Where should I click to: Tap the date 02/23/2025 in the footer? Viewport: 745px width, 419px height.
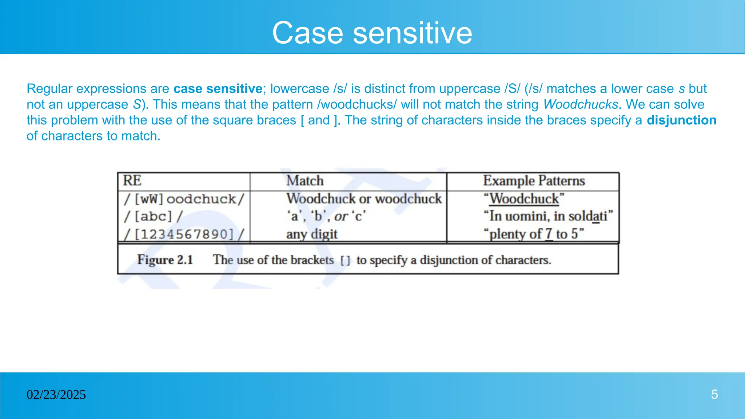point(56,395)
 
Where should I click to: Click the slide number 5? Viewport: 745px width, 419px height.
point(714,395)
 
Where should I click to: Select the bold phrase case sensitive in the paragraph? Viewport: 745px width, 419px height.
point(218,89)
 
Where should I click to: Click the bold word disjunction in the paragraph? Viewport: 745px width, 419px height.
point(681,120)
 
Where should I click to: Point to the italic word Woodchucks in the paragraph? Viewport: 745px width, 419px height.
point(581,105)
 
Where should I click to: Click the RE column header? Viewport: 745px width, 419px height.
point(132,181)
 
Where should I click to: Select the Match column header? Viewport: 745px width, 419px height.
point(305,181)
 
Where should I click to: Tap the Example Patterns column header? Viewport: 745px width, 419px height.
point(534,181)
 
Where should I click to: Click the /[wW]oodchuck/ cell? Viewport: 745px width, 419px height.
point(184,199)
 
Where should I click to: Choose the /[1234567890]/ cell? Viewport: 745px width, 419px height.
point(184,234)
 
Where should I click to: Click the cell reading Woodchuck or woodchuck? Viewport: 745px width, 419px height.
point(364,199)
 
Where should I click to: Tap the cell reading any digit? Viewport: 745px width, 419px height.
point(312,234)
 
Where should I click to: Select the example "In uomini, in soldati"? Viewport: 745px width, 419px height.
point(548,216)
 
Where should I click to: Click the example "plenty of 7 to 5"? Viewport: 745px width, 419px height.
point(534,234)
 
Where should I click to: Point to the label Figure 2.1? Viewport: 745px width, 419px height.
point(165,260)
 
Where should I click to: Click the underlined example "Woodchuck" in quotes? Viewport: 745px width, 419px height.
point(524,199)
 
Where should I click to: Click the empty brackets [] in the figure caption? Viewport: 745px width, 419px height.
point(345,260)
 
